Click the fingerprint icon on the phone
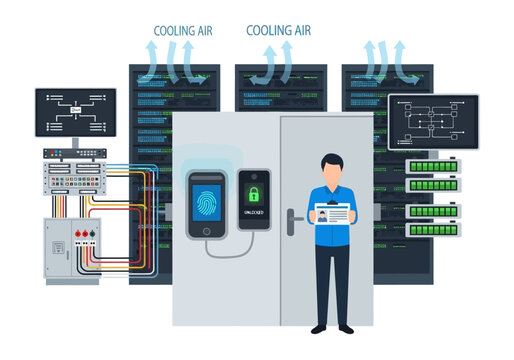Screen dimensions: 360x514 [208, 199]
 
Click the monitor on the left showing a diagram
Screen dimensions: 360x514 [75, 112]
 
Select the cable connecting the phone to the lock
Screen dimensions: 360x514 [236, 243]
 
